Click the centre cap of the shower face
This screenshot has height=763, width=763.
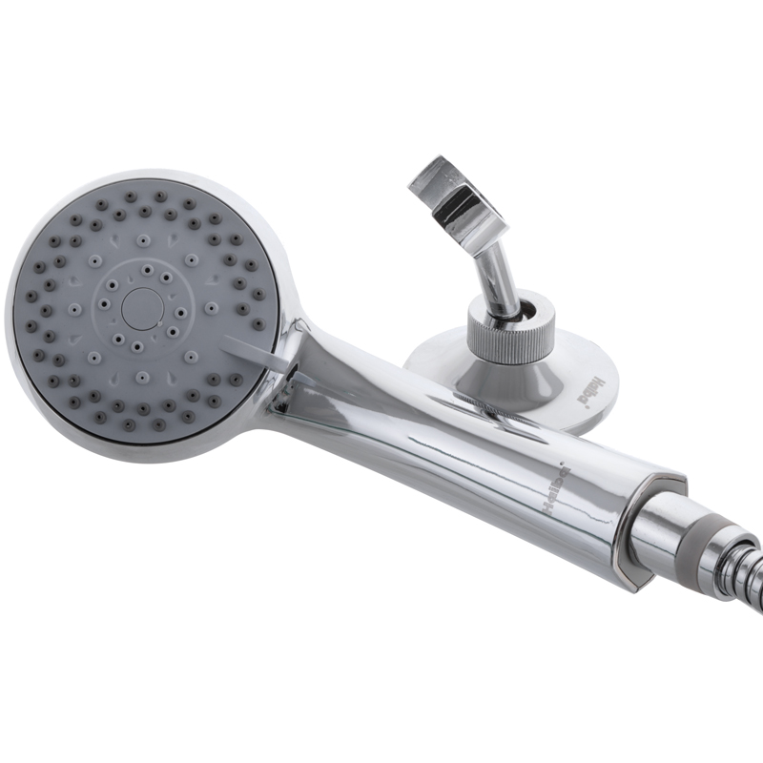tap(144, 307)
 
